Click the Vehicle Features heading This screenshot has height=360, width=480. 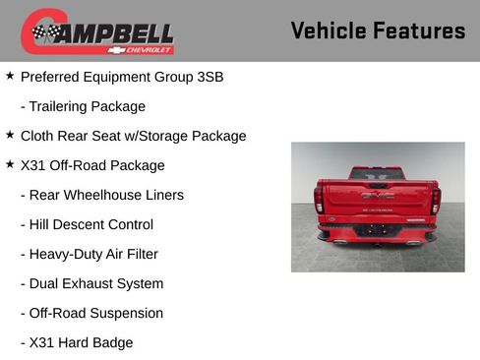click(x=378, y=30)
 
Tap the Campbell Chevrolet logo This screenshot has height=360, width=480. click(x=97, y=32)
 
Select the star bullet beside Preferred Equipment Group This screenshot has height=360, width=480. click(x=10, y=75)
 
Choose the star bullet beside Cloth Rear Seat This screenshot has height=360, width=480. click(x=10, y=134)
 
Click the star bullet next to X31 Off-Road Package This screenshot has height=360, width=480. click(x=10, y=163)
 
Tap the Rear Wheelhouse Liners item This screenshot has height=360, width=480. click(x=101, y=195)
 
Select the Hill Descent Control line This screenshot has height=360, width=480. click(x=87, y=224)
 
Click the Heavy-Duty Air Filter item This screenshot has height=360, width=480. click(x=89, y=254)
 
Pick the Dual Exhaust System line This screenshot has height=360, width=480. click(x=91, y=283)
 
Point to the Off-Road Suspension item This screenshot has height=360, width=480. click(x=91, y=313)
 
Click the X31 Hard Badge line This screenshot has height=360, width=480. click(x=76, y=342)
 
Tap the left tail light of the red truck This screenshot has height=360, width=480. click(x=319, y=200)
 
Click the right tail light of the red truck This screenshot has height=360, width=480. click(x=435, y=200)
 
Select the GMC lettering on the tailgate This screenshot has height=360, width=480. click(x=377, y=196)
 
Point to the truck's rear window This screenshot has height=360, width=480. click(x=377, y=174)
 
